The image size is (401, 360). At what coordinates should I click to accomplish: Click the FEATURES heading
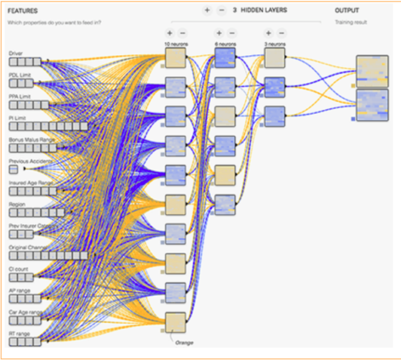pos(22,11)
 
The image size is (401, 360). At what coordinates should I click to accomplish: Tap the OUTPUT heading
pos(347,10)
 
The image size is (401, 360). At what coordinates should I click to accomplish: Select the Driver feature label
pos(16,54)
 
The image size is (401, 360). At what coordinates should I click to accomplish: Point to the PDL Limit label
pos(20,75)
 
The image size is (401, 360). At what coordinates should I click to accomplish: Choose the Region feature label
pos(17,204)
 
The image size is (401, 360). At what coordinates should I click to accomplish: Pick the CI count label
pos(18,269)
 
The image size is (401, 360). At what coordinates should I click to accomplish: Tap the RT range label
pos(19,334)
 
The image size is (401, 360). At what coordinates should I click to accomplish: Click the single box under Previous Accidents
pos(13,170)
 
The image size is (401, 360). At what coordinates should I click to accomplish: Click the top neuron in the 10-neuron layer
pos(175,58)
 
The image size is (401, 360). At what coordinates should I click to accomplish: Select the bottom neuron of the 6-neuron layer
pos(225,205)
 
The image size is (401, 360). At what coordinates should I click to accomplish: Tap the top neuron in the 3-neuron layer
pos(275,58)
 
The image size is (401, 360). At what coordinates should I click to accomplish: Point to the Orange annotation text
pos(184,343)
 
